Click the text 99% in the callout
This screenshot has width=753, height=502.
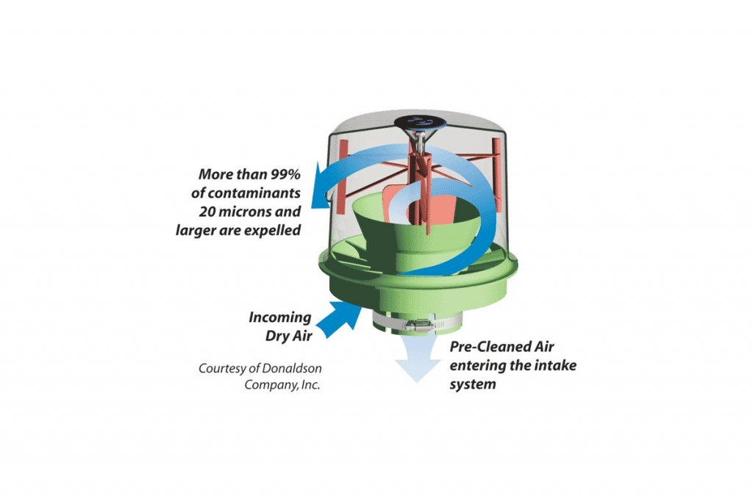(283, 176)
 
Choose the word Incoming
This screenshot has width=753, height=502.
(279, 318)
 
